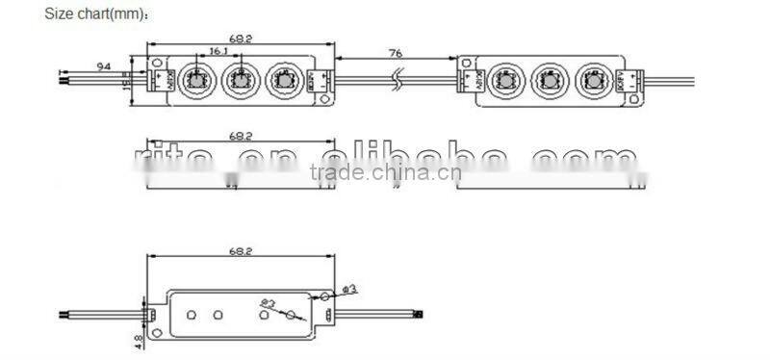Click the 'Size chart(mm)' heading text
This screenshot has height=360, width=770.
[x=95, y=15]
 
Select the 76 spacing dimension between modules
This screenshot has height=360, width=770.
[x=395, y=54]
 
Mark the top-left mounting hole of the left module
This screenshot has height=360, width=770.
[x=158, y=63]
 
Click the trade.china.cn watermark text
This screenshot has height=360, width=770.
[x=385, y=173]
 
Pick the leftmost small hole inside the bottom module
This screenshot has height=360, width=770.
[x=191, y=314]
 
